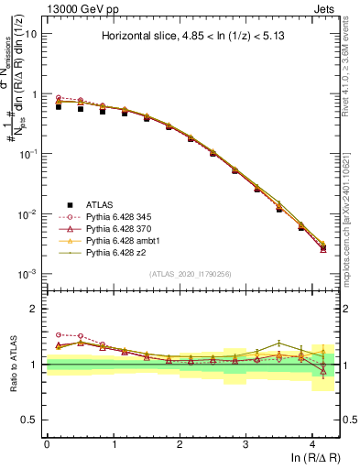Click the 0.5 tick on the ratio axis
tap(30, 420)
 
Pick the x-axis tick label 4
tap(312, 443)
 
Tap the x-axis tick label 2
tap(180, 443)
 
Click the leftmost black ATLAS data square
tap(59, 106)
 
